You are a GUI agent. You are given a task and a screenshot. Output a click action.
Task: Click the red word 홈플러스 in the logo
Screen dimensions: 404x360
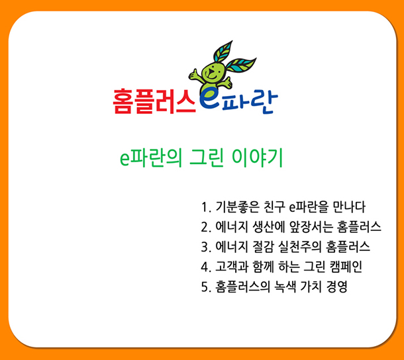(x=154, y=101)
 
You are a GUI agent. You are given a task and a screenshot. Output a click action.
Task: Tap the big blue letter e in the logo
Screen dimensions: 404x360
(x=209, y=99)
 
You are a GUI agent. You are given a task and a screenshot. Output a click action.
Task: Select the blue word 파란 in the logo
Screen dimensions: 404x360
(x=250, y=102)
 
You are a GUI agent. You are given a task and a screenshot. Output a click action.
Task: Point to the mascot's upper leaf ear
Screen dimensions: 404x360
(x=223, y=52)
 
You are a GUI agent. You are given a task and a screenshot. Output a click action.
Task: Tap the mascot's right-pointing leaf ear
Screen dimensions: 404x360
(x=241, y=65)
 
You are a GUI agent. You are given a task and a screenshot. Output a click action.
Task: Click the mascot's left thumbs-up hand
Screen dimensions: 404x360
(x=195, y=75)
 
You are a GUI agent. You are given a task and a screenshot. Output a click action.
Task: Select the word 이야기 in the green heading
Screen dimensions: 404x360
(x=258, y=158)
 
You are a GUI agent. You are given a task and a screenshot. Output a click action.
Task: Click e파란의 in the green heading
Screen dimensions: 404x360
(x=151, y=158)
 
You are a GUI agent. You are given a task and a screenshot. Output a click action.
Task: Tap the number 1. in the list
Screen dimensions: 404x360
(x=207, y=207)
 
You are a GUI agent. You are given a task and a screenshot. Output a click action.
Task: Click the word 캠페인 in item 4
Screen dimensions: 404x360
(x=346, y=267)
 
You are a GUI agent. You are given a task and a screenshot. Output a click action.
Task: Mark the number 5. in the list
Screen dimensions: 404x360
(x=207, y=287)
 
